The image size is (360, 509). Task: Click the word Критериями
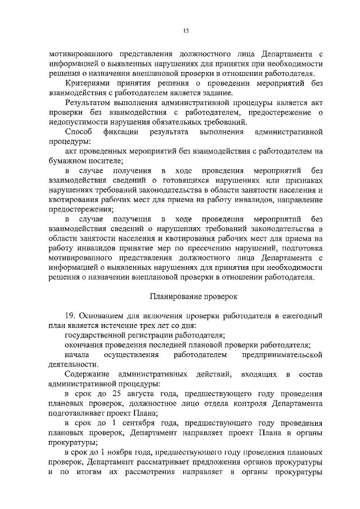(89, 83)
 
